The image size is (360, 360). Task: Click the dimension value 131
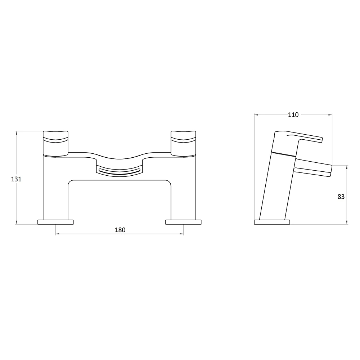pos(17,179)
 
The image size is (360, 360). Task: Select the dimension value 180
pos(120,230)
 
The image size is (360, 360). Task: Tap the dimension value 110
pos(293,115)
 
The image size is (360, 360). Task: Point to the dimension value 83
pos(341,197)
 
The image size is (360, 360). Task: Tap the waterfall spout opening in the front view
pos(119,171)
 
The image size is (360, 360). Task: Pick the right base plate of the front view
pos(184,222)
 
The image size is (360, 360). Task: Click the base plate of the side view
pos(272,222)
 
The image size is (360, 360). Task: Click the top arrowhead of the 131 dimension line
pos(17,132)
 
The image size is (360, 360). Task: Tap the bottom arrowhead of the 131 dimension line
pos(17,223)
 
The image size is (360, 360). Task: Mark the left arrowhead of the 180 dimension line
pos(57,234)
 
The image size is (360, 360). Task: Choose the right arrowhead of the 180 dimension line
pos(182,234)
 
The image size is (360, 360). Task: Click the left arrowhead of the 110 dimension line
pos(256,115)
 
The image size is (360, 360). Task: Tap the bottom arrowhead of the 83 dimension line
pos(347,223)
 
